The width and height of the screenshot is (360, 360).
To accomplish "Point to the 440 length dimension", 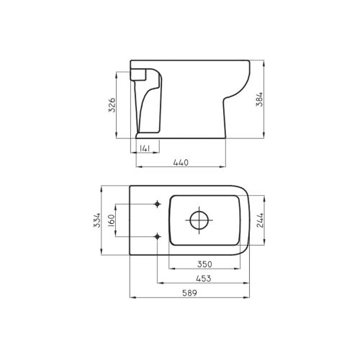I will pyautogui.click(x=181, y=163).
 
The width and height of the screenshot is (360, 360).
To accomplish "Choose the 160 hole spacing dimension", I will pyautogui.click(x=112, y=220).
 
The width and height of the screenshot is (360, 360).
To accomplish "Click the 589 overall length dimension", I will pyautogui.click(x=189, y=293).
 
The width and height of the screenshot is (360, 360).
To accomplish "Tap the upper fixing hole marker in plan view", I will pyautogui.click(x=158, y=203).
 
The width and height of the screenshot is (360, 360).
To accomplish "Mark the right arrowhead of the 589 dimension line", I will pyautogui.click(x=248, y=297).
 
